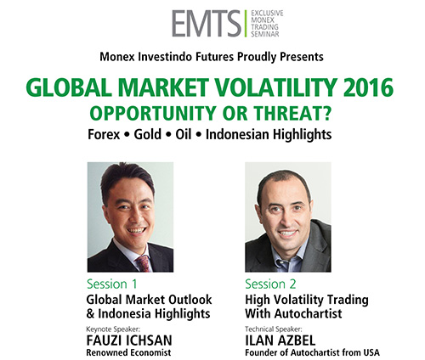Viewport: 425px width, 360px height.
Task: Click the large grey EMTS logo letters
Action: (207, 24)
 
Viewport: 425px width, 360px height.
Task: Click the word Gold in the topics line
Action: (147, 134)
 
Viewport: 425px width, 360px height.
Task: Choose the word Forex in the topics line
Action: (104, 134)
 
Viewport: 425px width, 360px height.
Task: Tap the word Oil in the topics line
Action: (184, 134)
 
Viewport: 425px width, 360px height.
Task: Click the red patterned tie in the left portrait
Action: (144, 263)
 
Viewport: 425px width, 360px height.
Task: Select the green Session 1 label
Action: (112, 284)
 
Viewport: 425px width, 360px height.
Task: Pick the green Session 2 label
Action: (270, 284)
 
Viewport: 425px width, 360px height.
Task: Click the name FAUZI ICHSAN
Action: (129, 340)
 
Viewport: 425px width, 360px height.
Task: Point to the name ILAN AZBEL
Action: (280, 340)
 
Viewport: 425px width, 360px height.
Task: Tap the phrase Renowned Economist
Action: (128, 352)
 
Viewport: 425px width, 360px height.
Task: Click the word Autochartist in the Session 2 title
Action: (309, 313)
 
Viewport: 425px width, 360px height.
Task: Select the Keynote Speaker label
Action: (113, 329)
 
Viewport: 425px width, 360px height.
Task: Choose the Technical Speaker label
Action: (274, 329)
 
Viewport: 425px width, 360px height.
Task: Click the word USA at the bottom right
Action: (370, 352)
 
